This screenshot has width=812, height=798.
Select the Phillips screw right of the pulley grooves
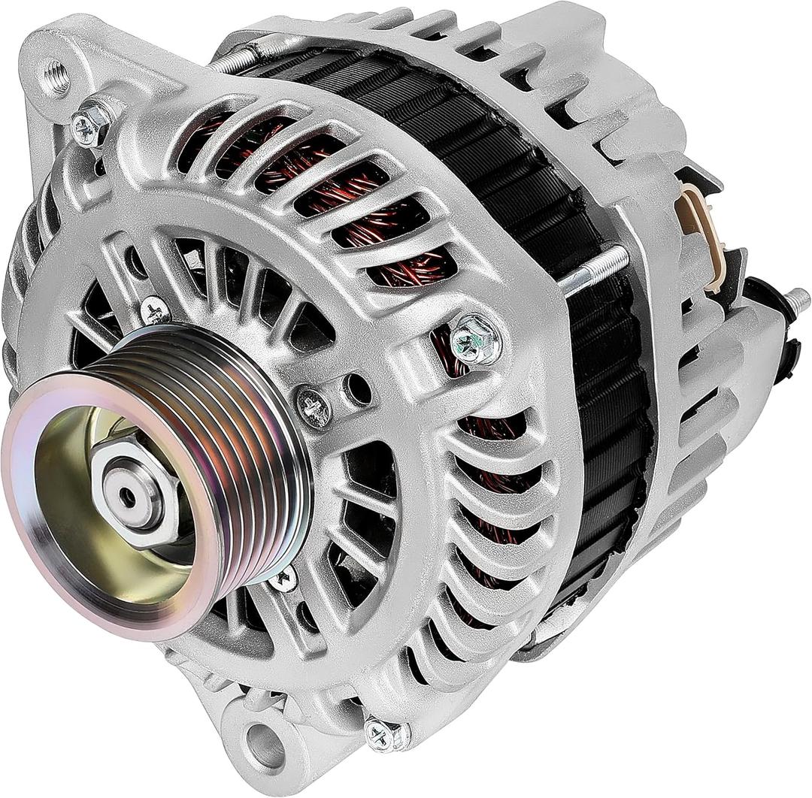[314, 407]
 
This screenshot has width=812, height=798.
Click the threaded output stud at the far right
[797, 301]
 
